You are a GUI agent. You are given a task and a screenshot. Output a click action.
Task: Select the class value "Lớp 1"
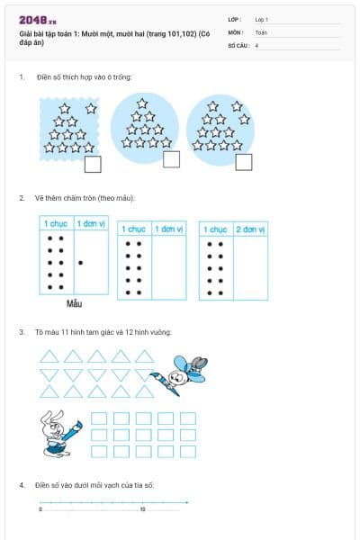pyautogui.click(x=262, y=19)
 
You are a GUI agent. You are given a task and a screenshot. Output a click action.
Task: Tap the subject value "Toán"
pyautogui.click(x=261, y=31)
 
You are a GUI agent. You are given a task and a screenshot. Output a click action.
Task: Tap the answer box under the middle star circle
pyautogui.click(x=171, y=159)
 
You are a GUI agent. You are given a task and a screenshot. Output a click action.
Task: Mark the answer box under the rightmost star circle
pyautogui.click(x=243, y=161)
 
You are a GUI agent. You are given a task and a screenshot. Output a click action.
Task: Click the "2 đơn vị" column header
pyautogui.click(x=251, y=229)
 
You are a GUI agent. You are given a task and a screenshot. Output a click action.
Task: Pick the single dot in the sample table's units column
pyautogui.click(x=81, y=263)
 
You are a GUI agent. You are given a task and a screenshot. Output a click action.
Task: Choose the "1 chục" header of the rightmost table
pyautogui.click(x=215, y=229)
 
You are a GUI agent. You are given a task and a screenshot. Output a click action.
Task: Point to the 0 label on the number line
pyautogui.click(x=40, y=509)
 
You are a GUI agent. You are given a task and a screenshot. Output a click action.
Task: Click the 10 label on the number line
pyautogui.click(x=142, y=509)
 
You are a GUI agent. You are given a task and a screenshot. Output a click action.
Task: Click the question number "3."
pyautogui.click(x=22, y=332)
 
